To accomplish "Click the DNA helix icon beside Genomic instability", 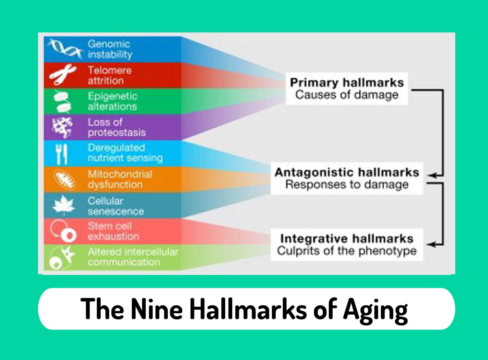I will tap(65, 48).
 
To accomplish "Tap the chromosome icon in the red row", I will tap(63, 75).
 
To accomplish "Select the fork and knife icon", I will tap(62, 154).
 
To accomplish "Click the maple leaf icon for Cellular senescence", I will tap(63, 205).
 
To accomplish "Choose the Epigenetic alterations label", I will tap(112, 101).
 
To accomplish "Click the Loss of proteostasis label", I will tap(116, 127).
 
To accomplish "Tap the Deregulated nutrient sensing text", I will tap(125, 153).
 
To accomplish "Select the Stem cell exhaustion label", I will tap(113, 231).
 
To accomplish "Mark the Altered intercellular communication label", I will tap(132, 257).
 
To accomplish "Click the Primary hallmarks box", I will tap(346, 89).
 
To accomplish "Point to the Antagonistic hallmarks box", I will tap(346, 178).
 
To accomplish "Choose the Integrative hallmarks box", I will tap(346, 245).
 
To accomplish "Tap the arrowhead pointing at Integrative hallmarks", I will tap(432, 244).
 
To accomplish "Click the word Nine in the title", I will tap(157, 309).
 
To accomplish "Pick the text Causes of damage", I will tap(346, 95).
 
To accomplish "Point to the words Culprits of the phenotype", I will tap(346, 251).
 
